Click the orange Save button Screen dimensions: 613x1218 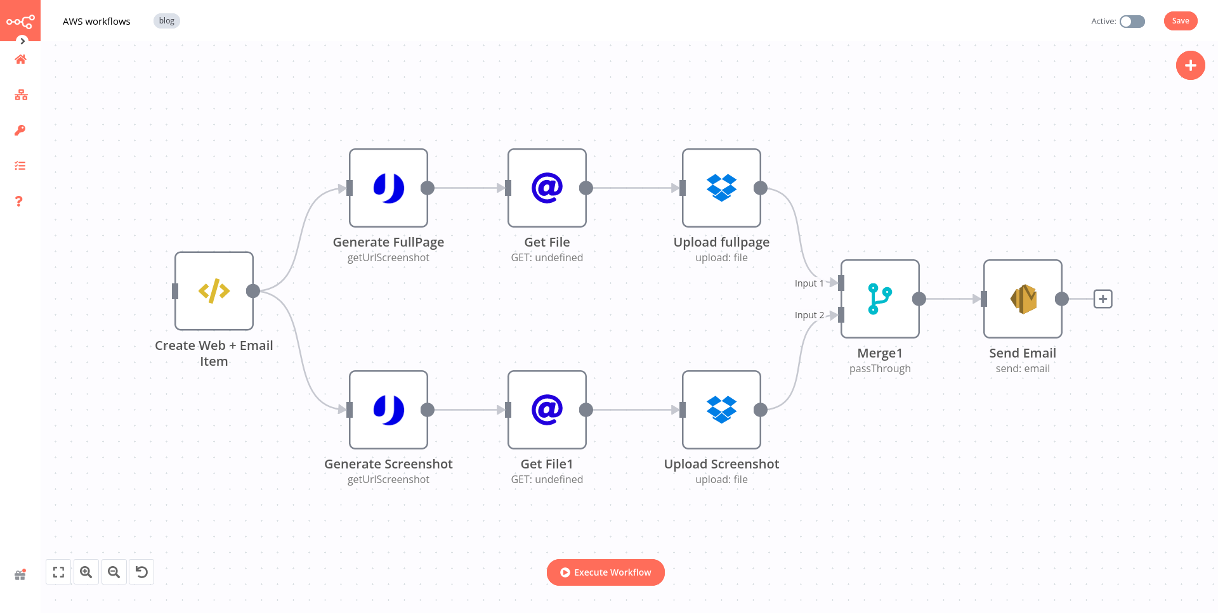pos(1180,21)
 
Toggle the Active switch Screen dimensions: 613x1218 pos(1132,22)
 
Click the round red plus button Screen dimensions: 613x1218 pos(1190,65)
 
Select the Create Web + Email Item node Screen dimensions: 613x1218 pos(214,291)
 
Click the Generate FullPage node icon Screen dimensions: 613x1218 pos(388,188)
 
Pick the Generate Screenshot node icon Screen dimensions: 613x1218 pos(388,410)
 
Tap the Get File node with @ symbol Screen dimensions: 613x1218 pos(547,188)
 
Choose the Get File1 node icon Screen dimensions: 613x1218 pos(547,410)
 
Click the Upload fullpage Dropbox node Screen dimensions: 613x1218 pos(721,188)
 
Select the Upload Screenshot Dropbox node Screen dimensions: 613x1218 pos(721,410)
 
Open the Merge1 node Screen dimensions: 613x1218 pos(880,299)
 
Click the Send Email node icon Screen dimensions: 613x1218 pos(1023,299)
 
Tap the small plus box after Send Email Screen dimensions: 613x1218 pos(1103,299)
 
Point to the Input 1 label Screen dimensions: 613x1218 pos(809,283)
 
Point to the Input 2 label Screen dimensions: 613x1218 pos(809,315)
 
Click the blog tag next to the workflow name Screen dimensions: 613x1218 pos(166,21)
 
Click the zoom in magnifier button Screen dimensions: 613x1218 pos(86,572)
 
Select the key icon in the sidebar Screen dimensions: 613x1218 pos(20,131)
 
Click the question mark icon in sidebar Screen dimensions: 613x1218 pos(19,202)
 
